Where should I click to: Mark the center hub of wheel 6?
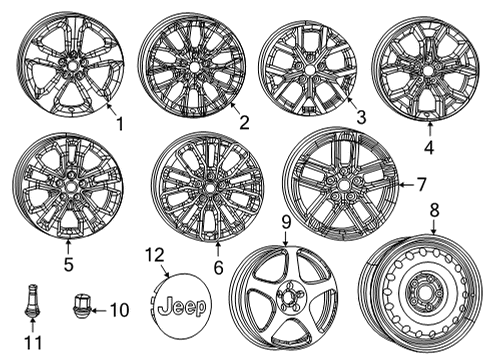(x=207, y=187)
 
